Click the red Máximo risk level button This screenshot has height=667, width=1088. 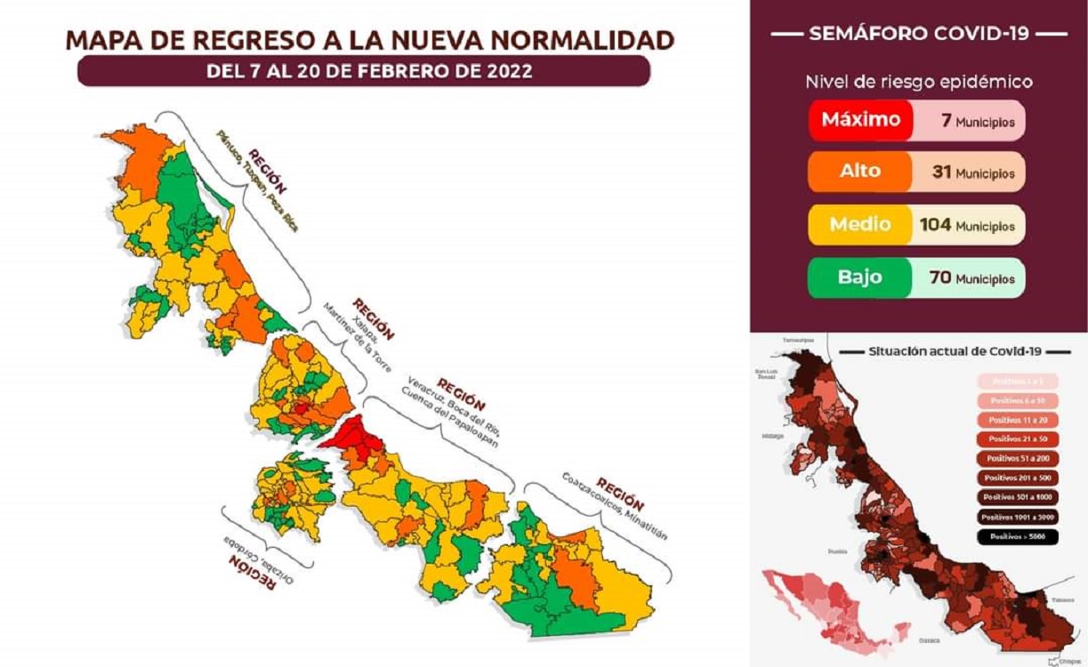pyautogui.click(x=860, y=120)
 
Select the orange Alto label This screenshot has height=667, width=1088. pyautogui.click(x=860, y=172)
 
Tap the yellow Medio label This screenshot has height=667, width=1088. pyautogui.click(x=860, y=224)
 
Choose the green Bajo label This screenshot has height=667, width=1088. pyautogui.click(x=860, y=277)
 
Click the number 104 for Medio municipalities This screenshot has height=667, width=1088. pyautogui.click(x=935, y=225)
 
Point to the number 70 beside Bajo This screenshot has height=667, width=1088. pyautogui.click(x=939, y=277)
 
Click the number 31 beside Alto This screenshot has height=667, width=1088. pyautogui.click(x=941, y=173)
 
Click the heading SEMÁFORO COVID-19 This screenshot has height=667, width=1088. pyautogui.click(x=918, y=34)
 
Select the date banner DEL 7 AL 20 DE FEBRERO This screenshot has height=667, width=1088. pyautogui.click(x=363, y=71)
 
